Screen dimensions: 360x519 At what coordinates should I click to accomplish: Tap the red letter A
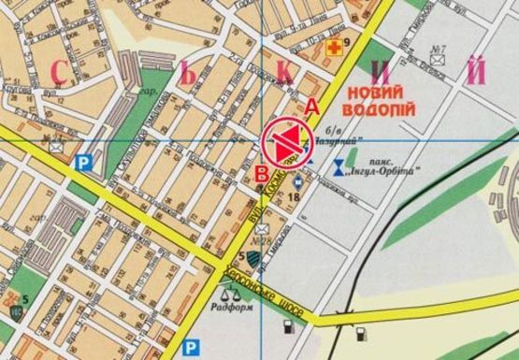click(x=311, y=107)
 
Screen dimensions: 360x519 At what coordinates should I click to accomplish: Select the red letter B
click(x=263, y=172)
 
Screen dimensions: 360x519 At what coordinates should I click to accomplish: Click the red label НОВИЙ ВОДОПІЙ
click(x=380, y=101)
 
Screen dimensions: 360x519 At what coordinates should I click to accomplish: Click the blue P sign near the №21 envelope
click(x=83, y=162)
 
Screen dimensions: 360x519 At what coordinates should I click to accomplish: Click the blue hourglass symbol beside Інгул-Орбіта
click(x=337, y=167)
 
